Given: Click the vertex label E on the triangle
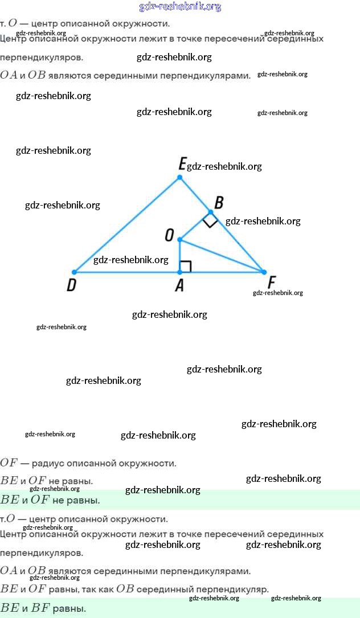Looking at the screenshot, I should (x=182, y=165).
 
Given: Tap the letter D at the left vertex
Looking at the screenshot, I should (x=71, y=285).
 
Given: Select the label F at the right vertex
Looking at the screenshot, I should (x=272, y=283).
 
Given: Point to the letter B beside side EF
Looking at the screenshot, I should (x=218, y=202).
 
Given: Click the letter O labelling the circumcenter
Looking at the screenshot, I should (x=169, y=235).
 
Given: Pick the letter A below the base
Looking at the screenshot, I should (x=179, y=285).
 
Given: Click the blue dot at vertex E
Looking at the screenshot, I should (x=179, y=178).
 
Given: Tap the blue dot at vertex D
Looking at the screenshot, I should (x=74, y=272).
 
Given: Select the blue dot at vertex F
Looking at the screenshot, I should (x=264, y=272).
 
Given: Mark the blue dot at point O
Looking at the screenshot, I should (x=179, y=239).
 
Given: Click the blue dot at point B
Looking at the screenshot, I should (x=211, y=212).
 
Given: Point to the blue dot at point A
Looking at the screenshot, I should (x=179, y=272).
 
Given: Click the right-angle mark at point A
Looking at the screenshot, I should (x=186, y=266).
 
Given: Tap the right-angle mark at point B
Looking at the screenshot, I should (x=210, y=221).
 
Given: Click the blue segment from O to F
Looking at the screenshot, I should (x=222, y=256).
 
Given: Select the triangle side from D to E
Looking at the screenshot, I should (x=126, y=225).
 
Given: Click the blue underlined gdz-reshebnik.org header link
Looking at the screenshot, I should (x=180, y=7).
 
